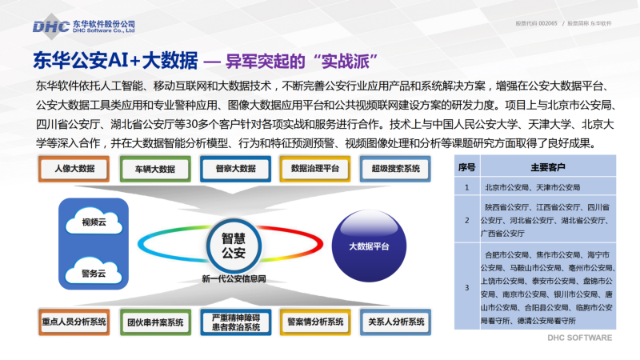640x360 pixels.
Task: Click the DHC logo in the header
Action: (84, 26)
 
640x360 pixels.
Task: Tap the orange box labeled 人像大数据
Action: (74, 169)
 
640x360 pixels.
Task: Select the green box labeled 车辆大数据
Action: (155, 169)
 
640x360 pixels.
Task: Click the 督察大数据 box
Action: (235, 169)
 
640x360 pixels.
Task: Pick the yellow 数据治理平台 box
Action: (315, 169)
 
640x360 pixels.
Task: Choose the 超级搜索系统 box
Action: (395, 169)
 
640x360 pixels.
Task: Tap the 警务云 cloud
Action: (94, 271)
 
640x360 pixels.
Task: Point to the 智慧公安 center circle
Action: (234, 246)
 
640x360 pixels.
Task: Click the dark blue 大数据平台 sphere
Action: (369, 246)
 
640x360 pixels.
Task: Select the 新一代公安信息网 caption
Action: (234, 278)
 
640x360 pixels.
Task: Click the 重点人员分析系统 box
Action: (74, 322)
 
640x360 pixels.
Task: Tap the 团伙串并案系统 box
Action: (155, 322)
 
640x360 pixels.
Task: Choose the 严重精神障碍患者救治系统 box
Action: (235, 322)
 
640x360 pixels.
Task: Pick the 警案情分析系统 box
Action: (315, 322)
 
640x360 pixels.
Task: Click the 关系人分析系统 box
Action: (395, 322)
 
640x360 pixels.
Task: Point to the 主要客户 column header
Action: (548, 167)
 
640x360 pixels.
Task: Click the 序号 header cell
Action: (467, 167)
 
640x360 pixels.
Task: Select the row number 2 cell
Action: (467, 221)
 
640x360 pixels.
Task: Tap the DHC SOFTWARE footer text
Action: (579, 338)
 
